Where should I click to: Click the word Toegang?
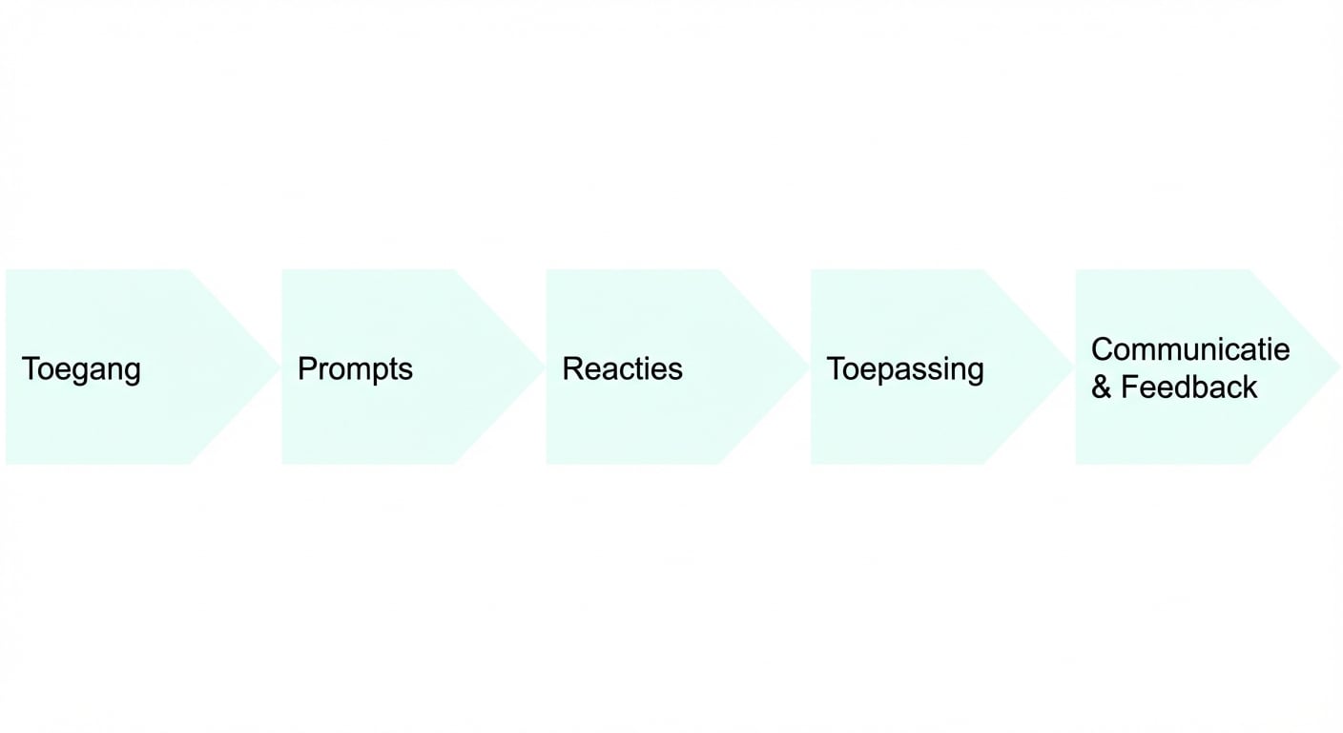pyautogui.click(x=81, y=369)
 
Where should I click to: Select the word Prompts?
pyautogui.click(x=355, y=369)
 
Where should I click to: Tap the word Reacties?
pyautogui.click(x=622, y=369)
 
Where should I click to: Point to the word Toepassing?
pyautogui.click(x=904, y=369)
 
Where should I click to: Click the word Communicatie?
pyautogui.click(x=1189, y=349)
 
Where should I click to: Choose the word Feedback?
pyautogui.click(x=1188, y=387)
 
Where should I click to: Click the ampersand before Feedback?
pyautogui.click(x=1101, y=387)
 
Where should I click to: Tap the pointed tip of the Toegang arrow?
pyautogui.click(x=279, y=367)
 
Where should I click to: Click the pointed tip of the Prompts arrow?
pyautogui.click(x=544, y=367)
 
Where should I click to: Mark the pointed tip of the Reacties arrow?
pyautogui.click(x=808, y=367)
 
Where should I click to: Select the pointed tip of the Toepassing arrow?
pyautogui.click(x=1073, y=367)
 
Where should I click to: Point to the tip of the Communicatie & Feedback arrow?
pyautogui.click(x=1337, y=367)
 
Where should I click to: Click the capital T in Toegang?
pyautogui.click(x=30, y=369)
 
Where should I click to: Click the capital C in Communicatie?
pyautogui.click(x=1102, y=349)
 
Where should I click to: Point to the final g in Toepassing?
pyautogui.click(x=975, y=372)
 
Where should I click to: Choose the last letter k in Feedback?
pyautogui.click(x=1250, y=387)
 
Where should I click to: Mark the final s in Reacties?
pyautogui.click(x=676, y=370)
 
